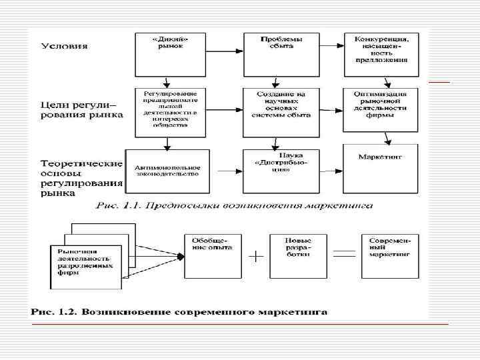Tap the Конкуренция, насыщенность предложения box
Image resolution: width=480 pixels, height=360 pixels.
pos(381,53)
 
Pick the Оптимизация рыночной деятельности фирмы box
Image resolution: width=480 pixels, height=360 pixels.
pos(381,109)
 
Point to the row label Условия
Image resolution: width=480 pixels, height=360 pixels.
pos(65,46)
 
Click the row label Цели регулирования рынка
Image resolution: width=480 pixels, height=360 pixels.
pos(81,109)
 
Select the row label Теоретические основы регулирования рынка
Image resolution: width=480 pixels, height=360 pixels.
pos(81,177)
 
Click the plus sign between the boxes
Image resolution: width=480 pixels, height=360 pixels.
pos(255,256)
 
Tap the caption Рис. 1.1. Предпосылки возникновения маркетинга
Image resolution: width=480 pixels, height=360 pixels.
pos(233,206)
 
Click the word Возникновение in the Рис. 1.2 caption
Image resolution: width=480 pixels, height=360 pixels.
pos(125,313)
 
